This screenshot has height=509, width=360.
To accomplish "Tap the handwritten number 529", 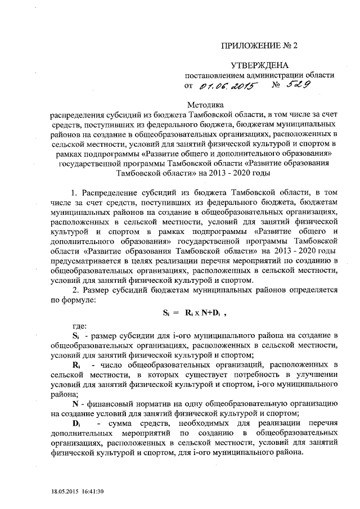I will (x=299, y=85).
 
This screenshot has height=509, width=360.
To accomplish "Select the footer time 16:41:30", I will (x=92, y=492).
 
